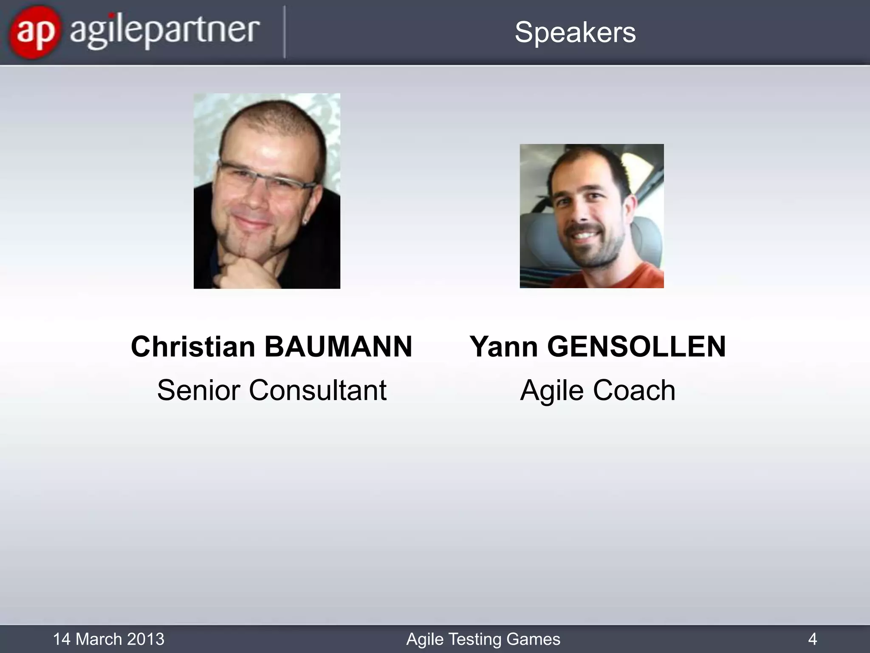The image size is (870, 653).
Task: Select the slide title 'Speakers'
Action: click(575, 32)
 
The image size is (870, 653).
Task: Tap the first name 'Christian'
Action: click(193, 346)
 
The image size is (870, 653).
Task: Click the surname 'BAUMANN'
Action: click(338, 346)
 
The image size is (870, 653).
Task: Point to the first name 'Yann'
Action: click(504, 346)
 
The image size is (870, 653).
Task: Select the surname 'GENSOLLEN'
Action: click(636, 346)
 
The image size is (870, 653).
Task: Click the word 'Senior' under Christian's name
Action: click(198, 390)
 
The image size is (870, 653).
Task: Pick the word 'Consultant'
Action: click(318, 390)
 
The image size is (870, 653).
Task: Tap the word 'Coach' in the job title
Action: click(634, 390)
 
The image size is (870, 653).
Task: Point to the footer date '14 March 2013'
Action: click(108, 639)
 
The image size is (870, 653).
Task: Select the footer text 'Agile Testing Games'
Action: click(483, 639)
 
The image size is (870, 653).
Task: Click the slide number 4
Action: click(812, 639)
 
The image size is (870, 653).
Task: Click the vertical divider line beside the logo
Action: click(284, 32)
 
